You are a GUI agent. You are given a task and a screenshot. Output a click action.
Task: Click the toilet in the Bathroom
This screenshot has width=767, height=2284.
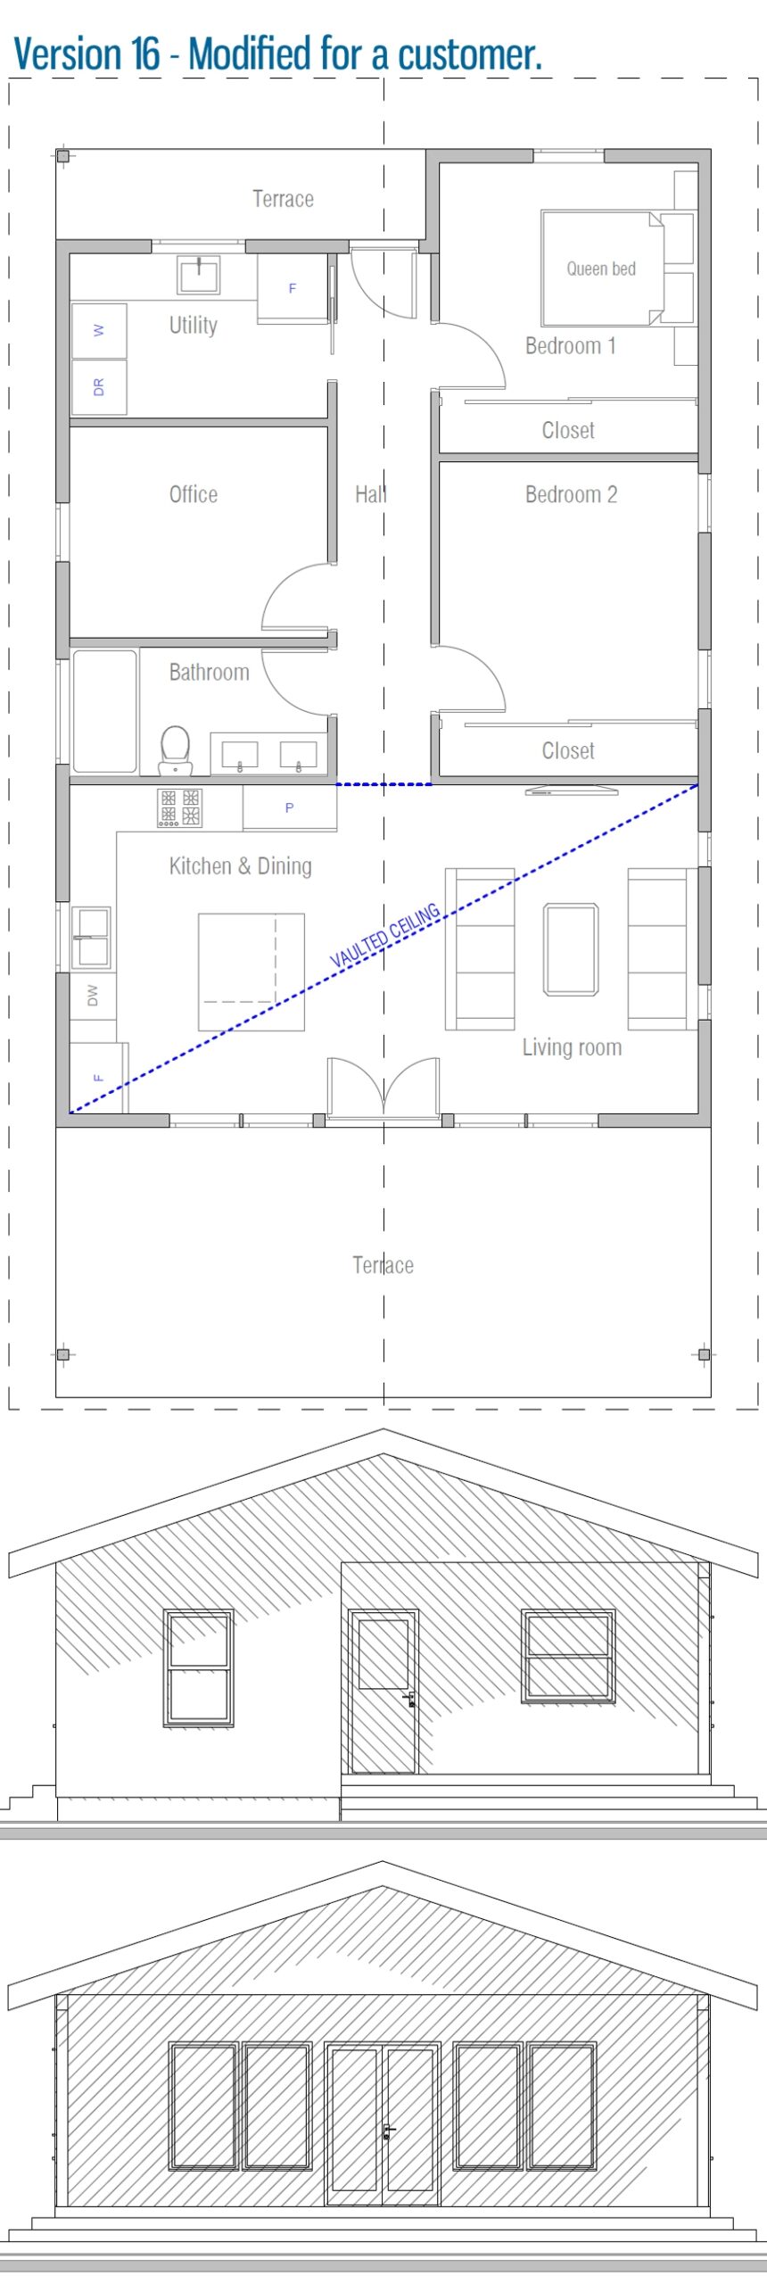(176, 747)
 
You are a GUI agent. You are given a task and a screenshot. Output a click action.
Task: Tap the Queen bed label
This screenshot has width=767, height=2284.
(601, 269)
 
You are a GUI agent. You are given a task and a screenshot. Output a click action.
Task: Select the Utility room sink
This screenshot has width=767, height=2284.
(198, 274)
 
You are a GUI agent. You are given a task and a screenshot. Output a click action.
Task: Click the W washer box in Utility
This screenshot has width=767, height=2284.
(99, 330)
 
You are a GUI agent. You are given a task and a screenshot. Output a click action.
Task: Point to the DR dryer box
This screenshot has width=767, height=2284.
(99, 387)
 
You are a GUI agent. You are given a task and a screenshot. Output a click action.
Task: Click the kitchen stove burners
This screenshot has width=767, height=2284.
(179, 807)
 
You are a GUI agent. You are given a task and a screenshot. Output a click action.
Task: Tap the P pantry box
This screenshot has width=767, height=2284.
(289, 807)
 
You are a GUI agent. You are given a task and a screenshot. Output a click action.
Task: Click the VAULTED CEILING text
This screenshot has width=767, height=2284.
(385, 935)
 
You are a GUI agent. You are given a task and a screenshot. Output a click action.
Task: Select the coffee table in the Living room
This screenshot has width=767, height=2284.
(571, 949)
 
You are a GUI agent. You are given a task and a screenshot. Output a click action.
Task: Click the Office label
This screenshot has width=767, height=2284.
(194, 494)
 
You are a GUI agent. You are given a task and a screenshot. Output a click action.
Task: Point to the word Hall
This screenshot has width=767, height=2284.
(370, 494)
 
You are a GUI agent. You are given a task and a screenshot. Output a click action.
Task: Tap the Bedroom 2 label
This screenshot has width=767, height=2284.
(571, 494)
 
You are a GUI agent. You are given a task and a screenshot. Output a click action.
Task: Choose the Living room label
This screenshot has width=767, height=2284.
(572, 1047)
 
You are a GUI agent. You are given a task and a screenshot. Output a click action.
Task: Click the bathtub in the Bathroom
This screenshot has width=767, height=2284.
(104, 711)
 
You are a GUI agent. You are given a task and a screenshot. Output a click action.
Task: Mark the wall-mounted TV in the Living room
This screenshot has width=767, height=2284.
(571, 790)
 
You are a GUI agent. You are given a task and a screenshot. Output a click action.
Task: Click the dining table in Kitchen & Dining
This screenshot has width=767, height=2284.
(251, 972)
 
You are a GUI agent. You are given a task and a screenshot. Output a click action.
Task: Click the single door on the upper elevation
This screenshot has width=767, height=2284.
(383, 1692)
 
